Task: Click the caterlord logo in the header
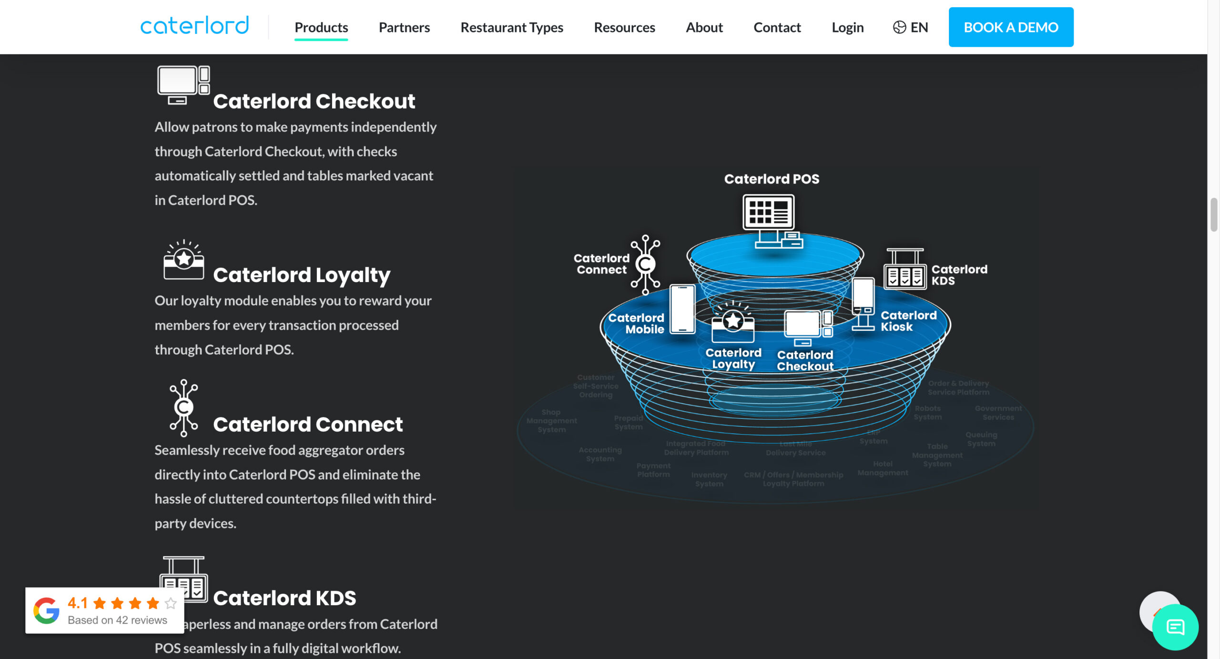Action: pyautogui.click(x=194, y=26)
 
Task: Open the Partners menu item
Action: pyautogui.click(x=404, y=27)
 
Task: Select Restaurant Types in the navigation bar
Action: pyautogui.click(x=512, y=27)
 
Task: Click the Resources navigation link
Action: pyautogui.click(x=624, y=27)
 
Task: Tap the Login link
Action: pyautogui.click(x=847, y=27)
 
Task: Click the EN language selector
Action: pyautogui.click(x=911, y=27)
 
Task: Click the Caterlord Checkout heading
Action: pyautogui.click(x=314, y=101)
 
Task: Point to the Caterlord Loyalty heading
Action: pyautogui.click(x=302, y=275)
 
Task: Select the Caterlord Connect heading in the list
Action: pyautogui.click(x=308, y=424)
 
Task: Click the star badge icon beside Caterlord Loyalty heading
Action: pyautogui.click(x=183, y=260)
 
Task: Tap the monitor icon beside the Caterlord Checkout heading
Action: pyautogui.click(x=183, y=85)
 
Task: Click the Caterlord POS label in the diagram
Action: pyautogui.click(x=772, y=179)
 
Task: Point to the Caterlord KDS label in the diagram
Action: pyautogui.click(x=959, y=275)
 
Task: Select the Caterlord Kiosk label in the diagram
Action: pyautogui.click(x=908, y=321)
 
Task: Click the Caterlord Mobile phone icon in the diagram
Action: pyautogui.click(x=682, y=309)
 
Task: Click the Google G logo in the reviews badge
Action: pyautogui.click(x=46, y=610)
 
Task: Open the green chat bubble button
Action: pyautogui.click(x=1175, y=627)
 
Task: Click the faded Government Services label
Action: pyautogui.click(x=998, y=413)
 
